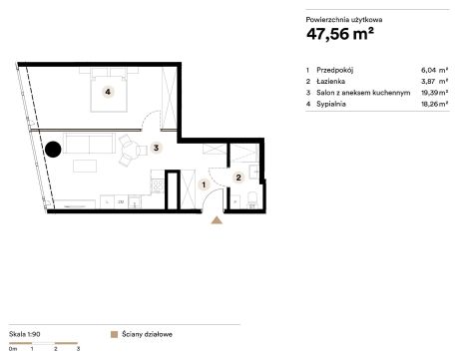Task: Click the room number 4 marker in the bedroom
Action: [x=108, y=92]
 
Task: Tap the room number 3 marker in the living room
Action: [x=156, y=148]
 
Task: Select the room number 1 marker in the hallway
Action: [x=204, y=184]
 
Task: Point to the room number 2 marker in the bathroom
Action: [x=238, y=178]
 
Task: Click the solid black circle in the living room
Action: [x=53, y=150]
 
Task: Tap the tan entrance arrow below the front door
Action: [x=217, y=220]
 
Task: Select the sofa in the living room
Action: [x=89, y=144]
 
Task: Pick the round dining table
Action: [x=129, y=151]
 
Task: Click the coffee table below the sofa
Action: [x=85, y=166]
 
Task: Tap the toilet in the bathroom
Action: [x=252, y=200]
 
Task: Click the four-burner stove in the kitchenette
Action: [x=158, y=186]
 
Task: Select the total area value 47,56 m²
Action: [x=340, y=34]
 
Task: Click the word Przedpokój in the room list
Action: [x=334, y=70]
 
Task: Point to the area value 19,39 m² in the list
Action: [x=434, y=93]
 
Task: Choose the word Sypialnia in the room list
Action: [x=331, y=104]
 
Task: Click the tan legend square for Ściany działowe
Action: [x=114, y=334]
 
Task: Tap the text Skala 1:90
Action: [x=25, y=334]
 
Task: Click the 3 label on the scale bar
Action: [x=78, y=349]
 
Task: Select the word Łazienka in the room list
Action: [x=330, y=81]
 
